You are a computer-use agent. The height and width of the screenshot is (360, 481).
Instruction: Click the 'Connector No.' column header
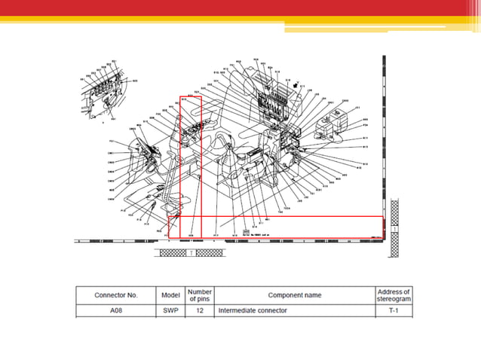pos(115,294)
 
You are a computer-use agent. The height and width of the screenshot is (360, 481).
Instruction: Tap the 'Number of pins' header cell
pos(199,294)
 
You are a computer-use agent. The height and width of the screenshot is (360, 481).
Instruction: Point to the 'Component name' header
pos(294,294)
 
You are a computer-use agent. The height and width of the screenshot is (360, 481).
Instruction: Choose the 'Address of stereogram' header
pos(393,294)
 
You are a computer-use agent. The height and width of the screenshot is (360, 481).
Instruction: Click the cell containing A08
pos(115,310)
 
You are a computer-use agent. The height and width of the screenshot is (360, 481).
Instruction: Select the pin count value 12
pos(199,310)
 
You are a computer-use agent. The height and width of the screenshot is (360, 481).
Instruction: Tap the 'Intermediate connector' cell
pos(253,310)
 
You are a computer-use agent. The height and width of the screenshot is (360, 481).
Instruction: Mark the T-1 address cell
pos(393,310)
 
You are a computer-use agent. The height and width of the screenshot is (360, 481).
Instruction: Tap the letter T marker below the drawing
pos(191,253)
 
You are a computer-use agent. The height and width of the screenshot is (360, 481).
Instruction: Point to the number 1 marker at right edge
pos(397,229)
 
